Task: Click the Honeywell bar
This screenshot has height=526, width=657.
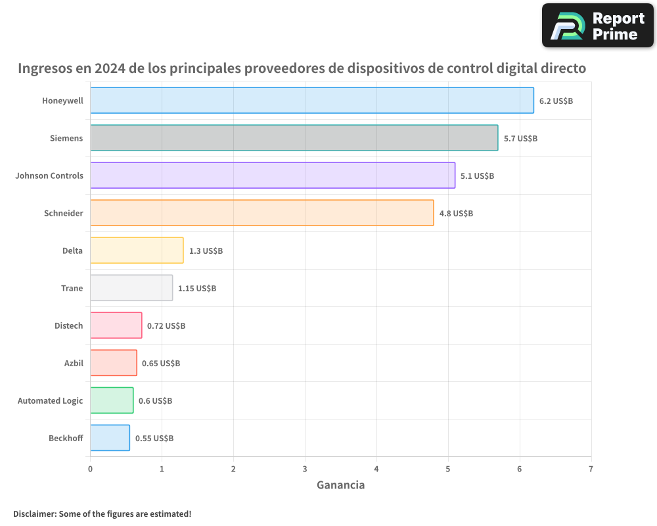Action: coord(311,101)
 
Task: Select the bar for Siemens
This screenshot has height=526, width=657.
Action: coord(294,138)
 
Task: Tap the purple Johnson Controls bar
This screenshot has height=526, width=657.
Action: coord(272,176)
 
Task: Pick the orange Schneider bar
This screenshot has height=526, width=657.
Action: coord(261,213)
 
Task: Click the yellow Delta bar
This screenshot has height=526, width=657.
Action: coord(137,251)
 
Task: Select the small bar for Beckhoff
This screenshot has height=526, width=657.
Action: coord(110,438)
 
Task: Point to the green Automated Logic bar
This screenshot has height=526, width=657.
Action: coord(112,400)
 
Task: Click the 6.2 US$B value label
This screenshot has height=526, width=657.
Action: coord(556,101)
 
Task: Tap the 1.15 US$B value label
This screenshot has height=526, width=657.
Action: coord(197,289)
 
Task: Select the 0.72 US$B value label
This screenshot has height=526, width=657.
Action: coord(166,326)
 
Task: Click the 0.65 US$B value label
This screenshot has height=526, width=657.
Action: coord(161,364)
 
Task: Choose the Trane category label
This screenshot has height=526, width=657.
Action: coord(72,288)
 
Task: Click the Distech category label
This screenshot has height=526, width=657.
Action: coord(68,325)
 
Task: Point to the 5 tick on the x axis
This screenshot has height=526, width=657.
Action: coord(448,469)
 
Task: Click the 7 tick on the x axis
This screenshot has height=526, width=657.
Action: coord(591,469)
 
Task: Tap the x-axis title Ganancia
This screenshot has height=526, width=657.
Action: coord(340,485)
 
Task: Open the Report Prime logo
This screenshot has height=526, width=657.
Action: coord(597,26)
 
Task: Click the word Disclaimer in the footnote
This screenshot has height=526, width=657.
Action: coord(34,514)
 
